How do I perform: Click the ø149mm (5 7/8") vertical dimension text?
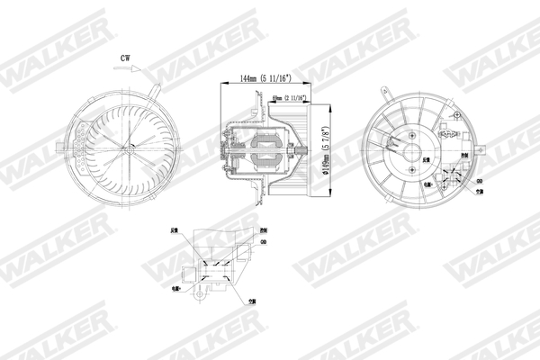pyautogui.click(x=330, y=149)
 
